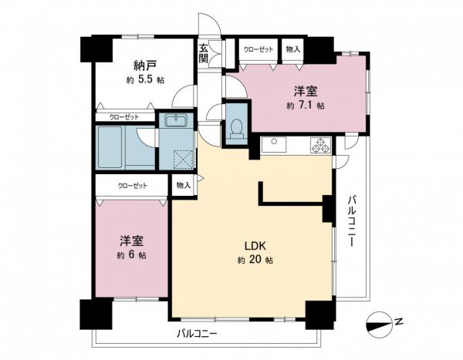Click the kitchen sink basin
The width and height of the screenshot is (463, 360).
pos(275,145)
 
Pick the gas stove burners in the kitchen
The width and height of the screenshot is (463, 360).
pos(319,144)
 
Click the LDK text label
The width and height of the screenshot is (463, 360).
pos(255,246)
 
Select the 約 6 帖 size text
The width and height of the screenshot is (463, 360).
pos(132,255)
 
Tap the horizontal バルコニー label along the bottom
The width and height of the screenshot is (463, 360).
pos(197,334)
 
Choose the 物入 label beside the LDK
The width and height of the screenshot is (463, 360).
pos(183,186)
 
